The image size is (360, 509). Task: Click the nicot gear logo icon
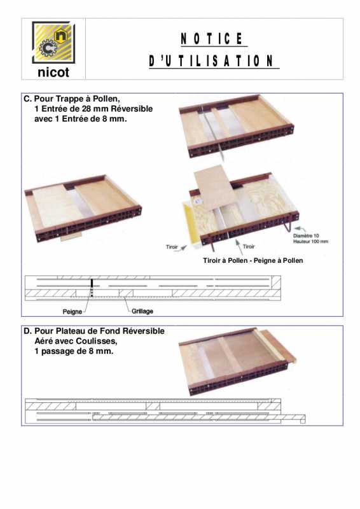point(53,43)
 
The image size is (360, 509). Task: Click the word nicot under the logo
point(53,73)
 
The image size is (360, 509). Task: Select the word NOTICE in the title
point(212,39)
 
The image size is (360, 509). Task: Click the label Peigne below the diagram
point(72,312)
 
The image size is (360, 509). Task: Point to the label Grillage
point(142,311)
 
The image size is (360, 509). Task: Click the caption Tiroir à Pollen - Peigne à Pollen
point(253,260)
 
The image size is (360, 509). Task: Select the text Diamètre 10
point(306,235)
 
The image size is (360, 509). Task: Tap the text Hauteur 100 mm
point(310,242)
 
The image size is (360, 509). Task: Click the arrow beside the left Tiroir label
point(184,248)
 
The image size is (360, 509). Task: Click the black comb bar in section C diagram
point(92,288)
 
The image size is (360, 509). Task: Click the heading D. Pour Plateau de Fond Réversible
point(93,331)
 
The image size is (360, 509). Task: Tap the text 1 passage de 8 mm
point(74,351)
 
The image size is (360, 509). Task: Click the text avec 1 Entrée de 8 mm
point(81,119)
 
